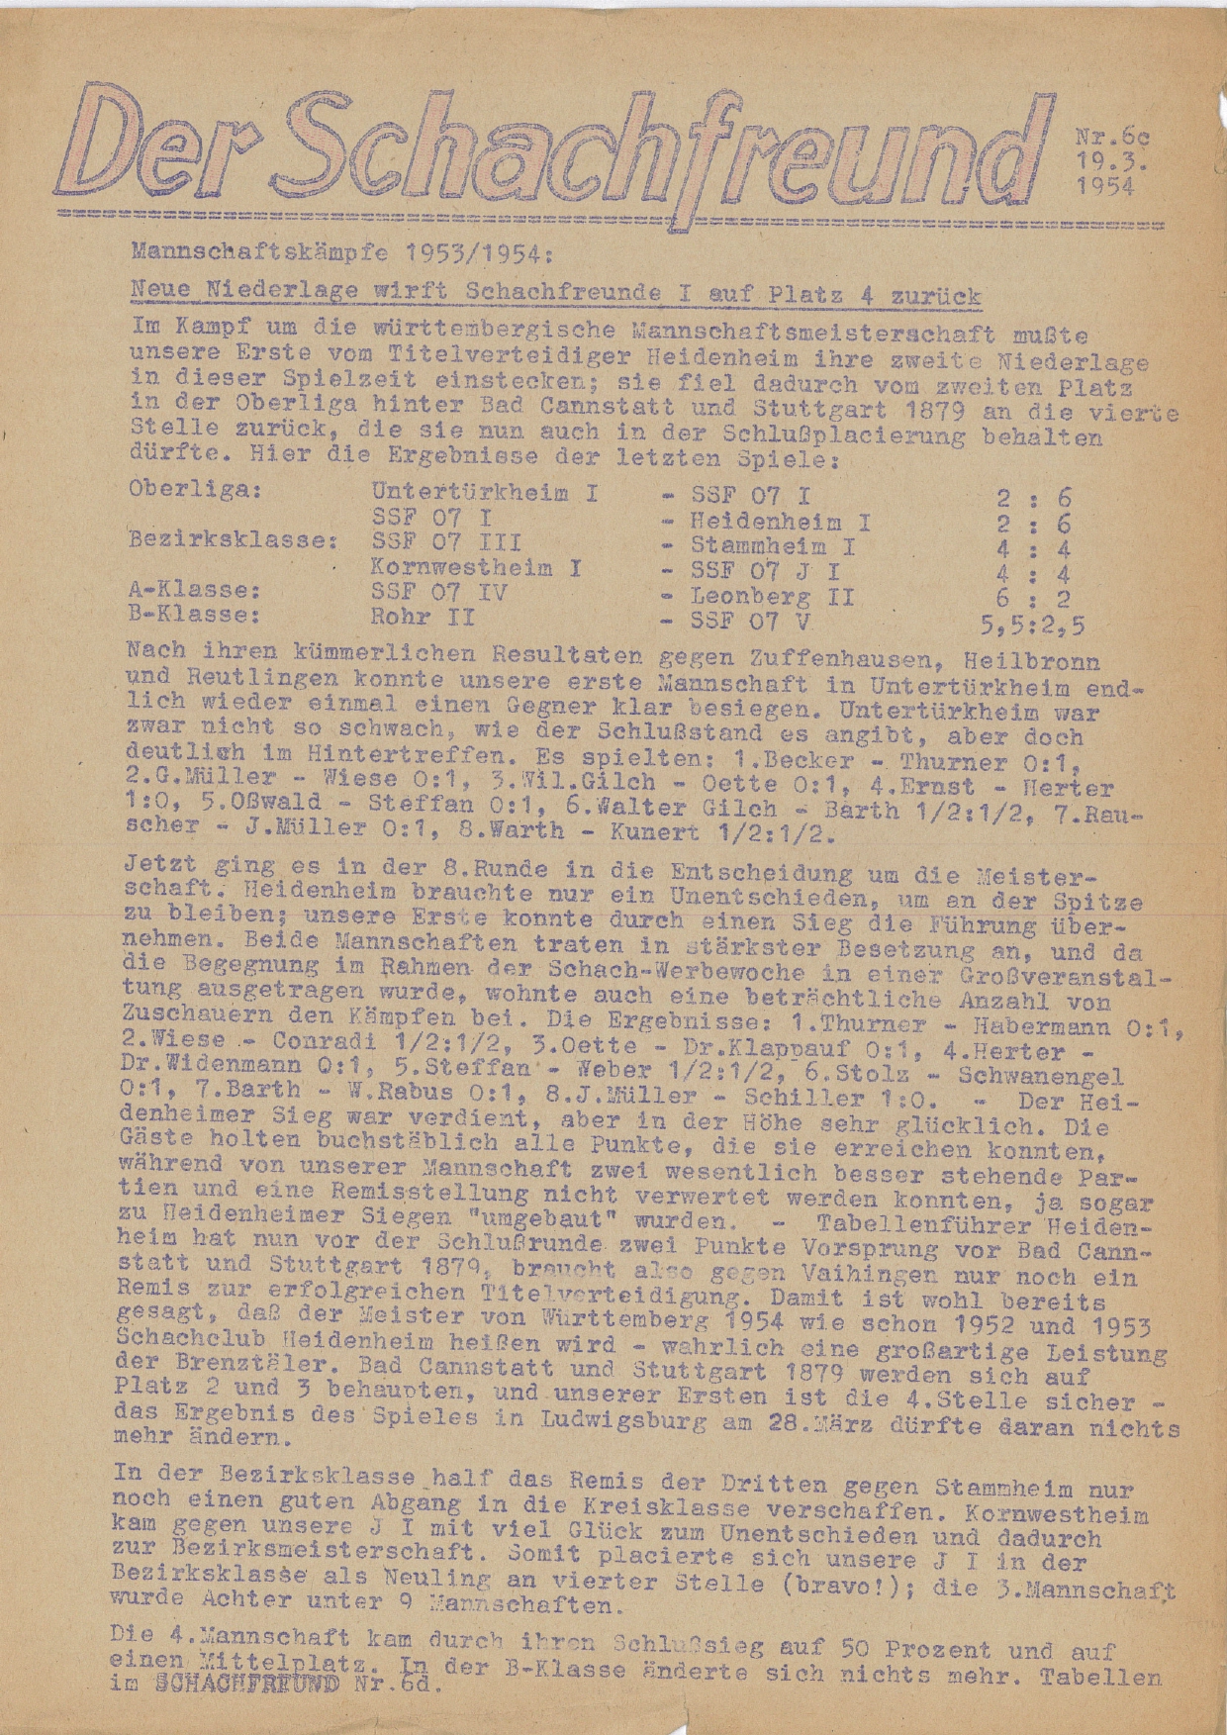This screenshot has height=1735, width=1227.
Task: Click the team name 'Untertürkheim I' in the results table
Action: point(484,492)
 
